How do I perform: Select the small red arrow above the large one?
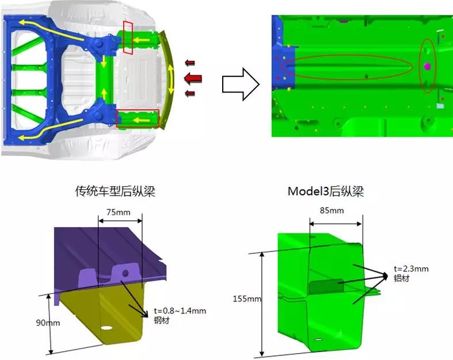pyautogui.click(x=190, y=63)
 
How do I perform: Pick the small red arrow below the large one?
pyautogui.click(x=190, y=93)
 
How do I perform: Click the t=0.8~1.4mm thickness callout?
pyautogui.click(x=180, y=311)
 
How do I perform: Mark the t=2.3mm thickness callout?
pyautogui.click(x=411, y=269)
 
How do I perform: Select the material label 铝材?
pyautogui.click(x=401, y=278)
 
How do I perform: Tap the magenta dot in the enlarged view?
pyautogui.click(x=427, y=67)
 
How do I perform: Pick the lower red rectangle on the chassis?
pyautogui.click(x=138, y=118)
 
